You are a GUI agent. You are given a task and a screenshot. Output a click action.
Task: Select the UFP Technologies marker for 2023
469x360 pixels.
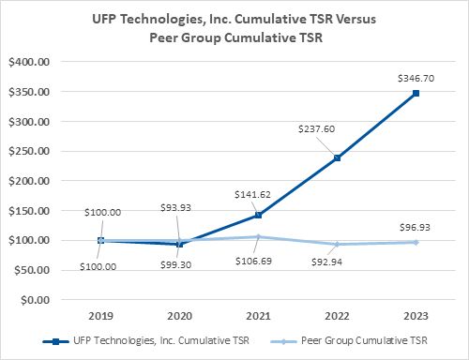point(415,93)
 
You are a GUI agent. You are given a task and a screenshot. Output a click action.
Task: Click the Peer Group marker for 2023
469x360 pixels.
point(415,242)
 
